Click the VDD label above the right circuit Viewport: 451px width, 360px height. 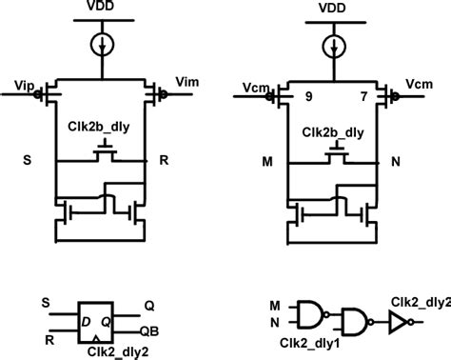333,9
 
